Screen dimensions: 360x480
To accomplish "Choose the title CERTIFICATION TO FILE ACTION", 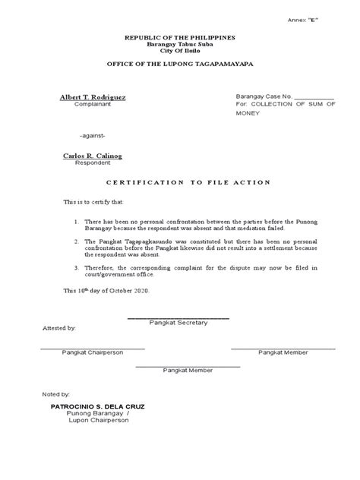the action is (x=180, y=183).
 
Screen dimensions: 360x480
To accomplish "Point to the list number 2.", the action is (x=77, y=240).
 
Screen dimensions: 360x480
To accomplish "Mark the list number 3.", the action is (x=77, y=268).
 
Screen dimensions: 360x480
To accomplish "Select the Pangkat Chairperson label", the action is (x=92, y=353).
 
